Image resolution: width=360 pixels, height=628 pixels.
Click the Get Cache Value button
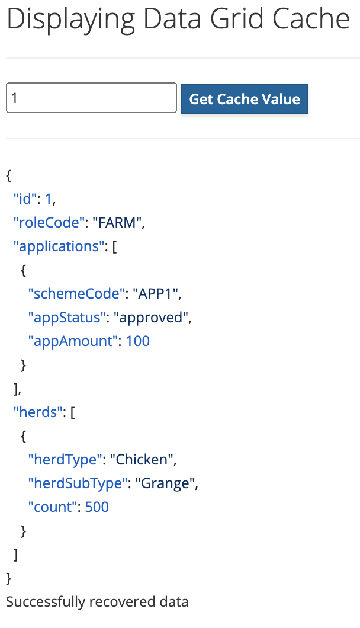pyautogui.click(x=245, y=99)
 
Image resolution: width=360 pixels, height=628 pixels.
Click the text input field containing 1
pyautogui.click(x=91, y=98)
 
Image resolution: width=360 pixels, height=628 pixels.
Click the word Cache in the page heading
pyautogui.click(x=311, y=20)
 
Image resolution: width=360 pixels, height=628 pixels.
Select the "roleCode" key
pyautogui.click(x=46, y=223)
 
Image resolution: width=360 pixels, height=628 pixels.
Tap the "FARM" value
pyautogui.click(x=118, y=223)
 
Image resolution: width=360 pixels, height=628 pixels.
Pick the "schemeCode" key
pyautogui.click(x=74, y=294)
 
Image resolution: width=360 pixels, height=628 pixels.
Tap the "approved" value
pyautogui.click(x=154, y=318)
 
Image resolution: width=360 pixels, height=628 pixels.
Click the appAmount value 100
pyautogui.click(x=138, y=341)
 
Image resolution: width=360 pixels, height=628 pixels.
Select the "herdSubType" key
pyautogui.click(x=78, y=483)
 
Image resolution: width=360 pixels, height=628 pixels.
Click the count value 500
pyautogui.click(x=97, y=507)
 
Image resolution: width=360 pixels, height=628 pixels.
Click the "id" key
pyautogui.click(x=24, y=199)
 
